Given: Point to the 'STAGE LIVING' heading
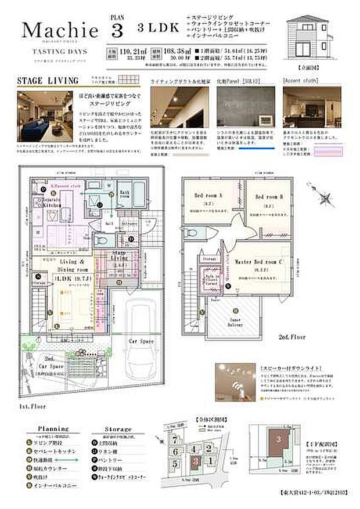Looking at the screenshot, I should [x=40, y=80].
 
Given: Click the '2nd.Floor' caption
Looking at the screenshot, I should [x=292, y=337].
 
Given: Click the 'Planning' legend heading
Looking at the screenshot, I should [x=53, y=429].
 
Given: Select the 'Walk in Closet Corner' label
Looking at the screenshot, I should [x=211, y=276].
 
